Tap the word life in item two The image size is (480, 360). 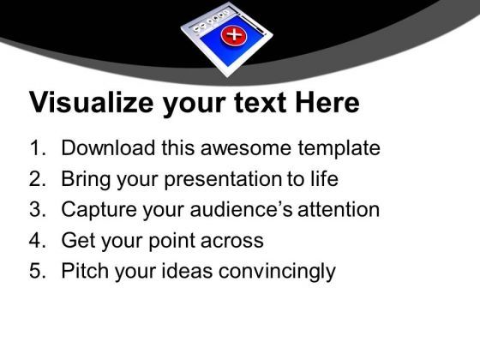coord(323,179)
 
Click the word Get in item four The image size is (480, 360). coord(78,241)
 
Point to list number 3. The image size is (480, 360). coord(37,210)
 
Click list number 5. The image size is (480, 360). coord(37,272)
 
